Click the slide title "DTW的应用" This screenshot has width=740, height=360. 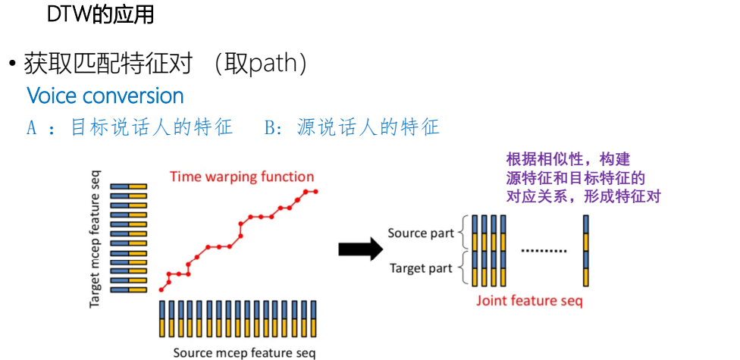[x=100, y=14]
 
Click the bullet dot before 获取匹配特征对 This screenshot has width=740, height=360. [x=13, y=65]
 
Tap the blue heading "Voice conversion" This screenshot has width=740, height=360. [x=105, y=96]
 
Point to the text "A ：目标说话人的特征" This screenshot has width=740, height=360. [x=130, y=127]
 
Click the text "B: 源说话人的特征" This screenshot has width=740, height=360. [x=352, y=127]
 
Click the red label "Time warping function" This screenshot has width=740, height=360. [x=241, y=177]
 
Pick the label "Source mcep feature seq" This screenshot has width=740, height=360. [x=243, y=352]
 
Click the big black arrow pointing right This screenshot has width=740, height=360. [x=359, y=249]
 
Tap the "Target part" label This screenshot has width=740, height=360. [x=420, y=268]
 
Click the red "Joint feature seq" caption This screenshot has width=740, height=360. [x=529, y=301]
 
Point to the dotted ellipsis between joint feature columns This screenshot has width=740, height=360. [x=544, y=251]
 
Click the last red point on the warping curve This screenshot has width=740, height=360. [x=315, y=191]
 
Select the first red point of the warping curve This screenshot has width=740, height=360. [x=161, y=290]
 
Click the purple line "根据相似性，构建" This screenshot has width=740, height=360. [x=569, y=160]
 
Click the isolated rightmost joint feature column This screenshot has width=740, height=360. [x=586, y=251]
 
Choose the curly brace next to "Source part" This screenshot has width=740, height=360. [x=459, y=233]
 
